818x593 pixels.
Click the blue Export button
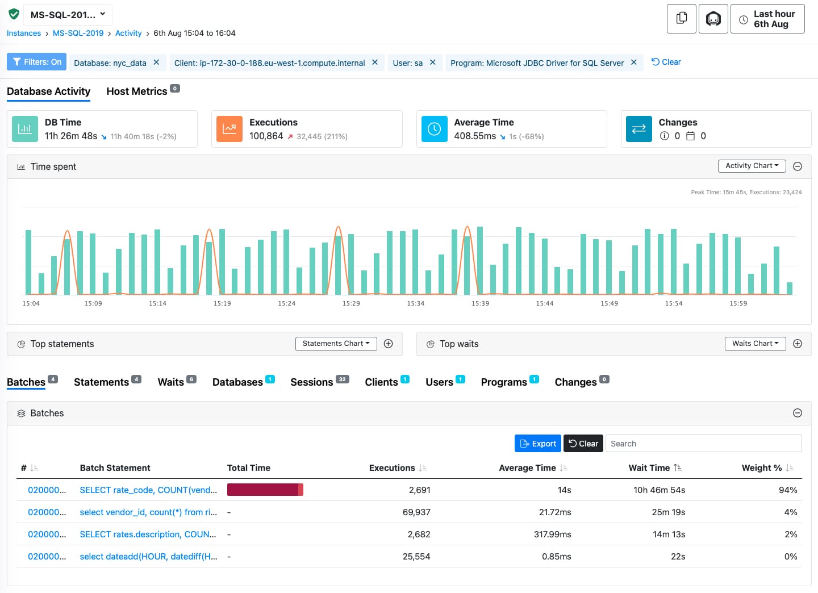click(x=537, y=444)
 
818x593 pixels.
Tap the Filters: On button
click(x=36, y=62)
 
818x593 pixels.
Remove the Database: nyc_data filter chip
click(x=156, y=62)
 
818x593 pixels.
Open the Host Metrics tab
click(x=137, y=91)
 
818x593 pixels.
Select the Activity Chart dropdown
click(x=752, y=166)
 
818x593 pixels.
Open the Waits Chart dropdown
click(x=755, y=344)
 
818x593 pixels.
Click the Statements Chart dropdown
click(x=336, y=344)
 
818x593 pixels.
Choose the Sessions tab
click(x=312, y=382)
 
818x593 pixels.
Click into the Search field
click(x=703, y=444)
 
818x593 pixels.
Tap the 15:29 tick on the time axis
click(x=351, y=303)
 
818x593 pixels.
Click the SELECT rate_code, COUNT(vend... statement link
click(x=148, y=490)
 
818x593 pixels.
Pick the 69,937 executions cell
click(x=416, y=512)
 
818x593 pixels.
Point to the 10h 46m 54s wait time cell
click(x=659, y=490)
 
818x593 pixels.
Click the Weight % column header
click(x=761, y=468)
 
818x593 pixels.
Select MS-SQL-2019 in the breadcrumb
click(x=78, y=34)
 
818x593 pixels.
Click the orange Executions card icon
click(x=229, y=129)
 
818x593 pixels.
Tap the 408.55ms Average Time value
click(x=475, y=136)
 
